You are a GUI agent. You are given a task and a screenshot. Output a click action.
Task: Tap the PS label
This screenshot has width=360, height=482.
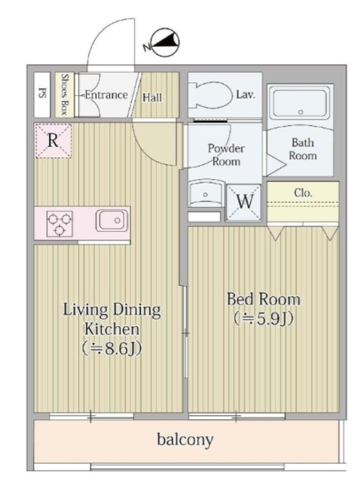pyautogui.click(x=42, y=93)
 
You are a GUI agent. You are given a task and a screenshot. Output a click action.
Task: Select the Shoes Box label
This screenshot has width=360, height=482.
pyautogui.click(x=65, y=94)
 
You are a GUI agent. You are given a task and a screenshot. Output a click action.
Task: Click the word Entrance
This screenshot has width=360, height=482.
pyautogui.click(x=106, y=95)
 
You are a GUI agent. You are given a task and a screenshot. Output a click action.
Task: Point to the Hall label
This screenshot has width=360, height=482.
pyautogui.click(x=152, y=98)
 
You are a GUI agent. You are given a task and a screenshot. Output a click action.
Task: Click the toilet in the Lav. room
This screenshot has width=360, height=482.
pyautogui.click(x=212, y=95)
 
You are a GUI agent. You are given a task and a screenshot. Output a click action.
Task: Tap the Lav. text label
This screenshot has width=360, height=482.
pyautogui.click(x=246, y=94)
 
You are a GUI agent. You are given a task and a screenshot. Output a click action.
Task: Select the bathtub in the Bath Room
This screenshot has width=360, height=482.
pyautogui.click(x=301, y=103)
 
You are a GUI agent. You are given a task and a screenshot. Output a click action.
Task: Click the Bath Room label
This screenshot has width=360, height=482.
pyautogui.click(x=303, y=149)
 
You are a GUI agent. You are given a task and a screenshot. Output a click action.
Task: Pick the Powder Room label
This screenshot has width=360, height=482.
pyautogui.click(x=226, y=154)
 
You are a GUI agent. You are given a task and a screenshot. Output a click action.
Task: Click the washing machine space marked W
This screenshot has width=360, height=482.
pyautogui.click(x=244, y=202)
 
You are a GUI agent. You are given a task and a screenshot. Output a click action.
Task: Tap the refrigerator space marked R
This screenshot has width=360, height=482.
pyautogui.click(x=53, y=141)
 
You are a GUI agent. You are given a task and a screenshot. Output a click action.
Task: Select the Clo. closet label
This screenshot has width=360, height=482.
pyautogui.click(x=303, y=193)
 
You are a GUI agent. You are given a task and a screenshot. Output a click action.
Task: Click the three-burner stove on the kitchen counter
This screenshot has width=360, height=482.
pyautogui.click(x=59, y=224)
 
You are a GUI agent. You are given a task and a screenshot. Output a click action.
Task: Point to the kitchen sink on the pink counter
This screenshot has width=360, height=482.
pyautogui.click(x=112, y=221)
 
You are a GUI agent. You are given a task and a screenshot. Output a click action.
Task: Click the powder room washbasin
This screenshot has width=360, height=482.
pyautogui.click(x=206, y=194)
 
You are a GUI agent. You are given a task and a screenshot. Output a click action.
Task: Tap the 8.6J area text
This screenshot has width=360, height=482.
pyautogui.click(x=112, y=349)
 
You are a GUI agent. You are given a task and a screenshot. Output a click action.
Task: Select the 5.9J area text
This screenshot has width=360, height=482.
pyautogui.click(x=263, y=319)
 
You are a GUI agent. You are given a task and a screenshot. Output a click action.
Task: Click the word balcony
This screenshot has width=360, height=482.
pyautogui.click(x=185, y=439)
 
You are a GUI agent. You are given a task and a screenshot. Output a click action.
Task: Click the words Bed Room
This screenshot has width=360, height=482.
pyautogui.click(x=264, y=299)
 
